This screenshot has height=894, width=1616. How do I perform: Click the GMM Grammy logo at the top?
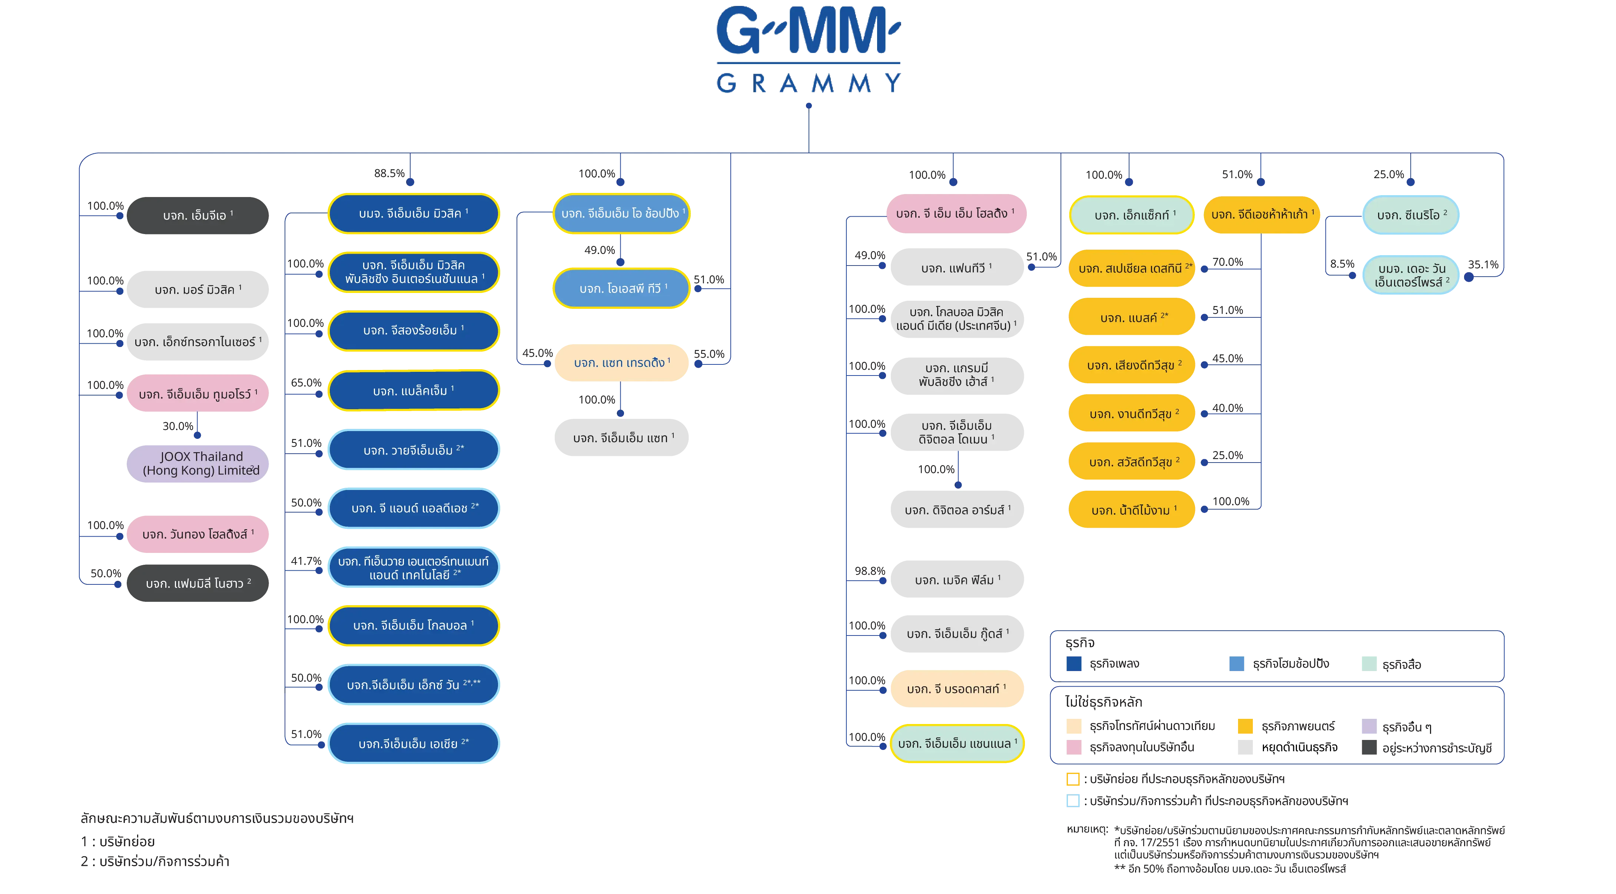[807, 50]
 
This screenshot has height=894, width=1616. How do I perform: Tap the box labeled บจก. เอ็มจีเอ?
[198, 216]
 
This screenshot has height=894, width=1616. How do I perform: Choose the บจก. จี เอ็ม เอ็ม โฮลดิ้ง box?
[955, 214]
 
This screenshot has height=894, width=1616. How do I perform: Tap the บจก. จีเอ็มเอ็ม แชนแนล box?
[957, 744]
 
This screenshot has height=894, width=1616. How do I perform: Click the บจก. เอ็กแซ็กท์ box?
[1131, 216]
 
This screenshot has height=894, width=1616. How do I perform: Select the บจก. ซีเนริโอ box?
[1411, 216]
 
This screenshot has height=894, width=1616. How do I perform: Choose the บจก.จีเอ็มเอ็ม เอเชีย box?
[414, 744]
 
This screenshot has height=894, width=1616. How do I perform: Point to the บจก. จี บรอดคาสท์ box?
[957, 689]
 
